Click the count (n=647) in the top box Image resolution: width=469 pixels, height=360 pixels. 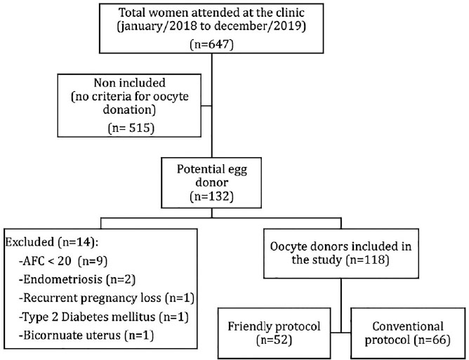(x=211, y=44)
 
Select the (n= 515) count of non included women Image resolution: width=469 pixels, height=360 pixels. (x=131, y=128)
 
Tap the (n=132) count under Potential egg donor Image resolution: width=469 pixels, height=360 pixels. (x=211, y=196)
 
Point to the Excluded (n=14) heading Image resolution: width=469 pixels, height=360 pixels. (x=52, y=242)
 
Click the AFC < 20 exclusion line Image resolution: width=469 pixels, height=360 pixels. (x=62, y=261)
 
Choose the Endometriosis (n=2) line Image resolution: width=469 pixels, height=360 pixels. (x=77, y=279)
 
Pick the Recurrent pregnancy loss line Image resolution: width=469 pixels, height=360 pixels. (x=107, y=298)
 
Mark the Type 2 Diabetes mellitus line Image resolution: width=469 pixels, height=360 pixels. (x=103, y=316)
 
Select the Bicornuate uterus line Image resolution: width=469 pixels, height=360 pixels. (x=86, y=335)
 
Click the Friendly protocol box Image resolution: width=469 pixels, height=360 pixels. (x=275, y=333)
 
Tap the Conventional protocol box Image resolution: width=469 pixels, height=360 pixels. (x=408, y=333)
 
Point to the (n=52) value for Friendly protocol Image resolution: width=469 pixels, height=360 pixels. (x=274, y=340)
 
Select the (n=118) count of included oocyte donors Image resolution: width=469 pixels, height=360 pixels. (x=367, y=260)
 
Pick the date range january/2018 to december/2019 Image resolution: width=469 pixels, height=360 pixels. (x=211, y=26)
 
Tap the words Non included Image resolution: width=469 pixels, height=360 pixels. (x=129, y=83)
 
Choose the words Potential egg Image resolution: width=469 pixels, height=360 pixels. (x=212, y=170)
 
